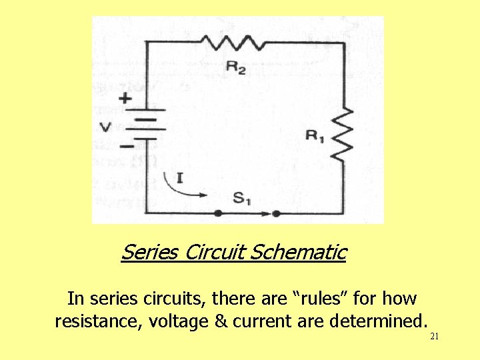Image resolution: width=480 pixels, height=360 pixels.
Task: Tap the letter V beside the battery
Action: click(x=105, y=127)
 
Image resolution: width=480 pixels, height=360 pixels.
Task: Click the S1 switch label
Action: click(x=242, y=197)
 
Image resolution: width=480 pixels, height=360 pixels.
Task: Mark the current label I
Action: click(x=178, y=177)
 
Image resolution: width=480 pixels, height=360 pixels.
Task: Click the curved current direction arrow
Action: click(x=183, y=189)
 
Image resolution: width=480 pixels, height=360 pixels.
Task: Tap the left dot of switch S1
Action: click(x=218, y=213)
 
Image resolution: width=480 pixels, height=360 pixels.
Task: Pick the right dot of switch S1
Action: click(x=275, y=213)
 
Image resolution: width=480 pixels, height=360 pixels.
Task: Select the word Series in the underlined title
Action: click(x=149, y=253)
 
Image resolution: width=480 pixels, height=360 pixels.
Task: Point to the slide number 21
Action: click(x=434, y=337)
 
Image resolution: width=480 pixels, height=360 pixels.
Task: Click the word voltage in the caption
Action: click(x=179, y=322)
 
